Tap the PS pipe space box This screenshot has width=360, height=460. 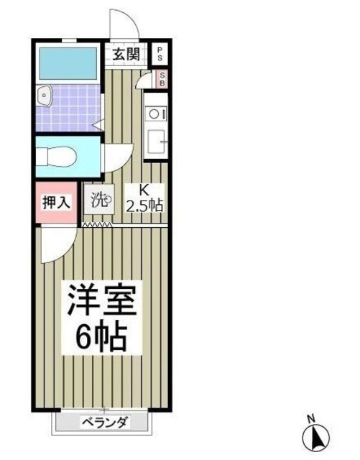coord(160,54)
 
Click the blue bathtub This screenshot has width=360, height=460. coord(69,64)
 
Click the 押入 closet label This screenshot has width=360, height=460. coord(55,202)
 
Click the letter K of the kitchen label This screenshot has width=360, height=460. coord(144,191)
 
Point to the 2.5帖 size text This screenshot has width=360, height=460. coord(146,206)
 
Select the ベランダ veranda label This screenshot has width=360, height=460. coord(104,422)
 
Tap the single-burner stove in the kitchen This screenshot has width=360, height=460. coord(155,114)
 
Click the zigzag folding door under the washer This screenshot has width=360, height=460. coord(96,225)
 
